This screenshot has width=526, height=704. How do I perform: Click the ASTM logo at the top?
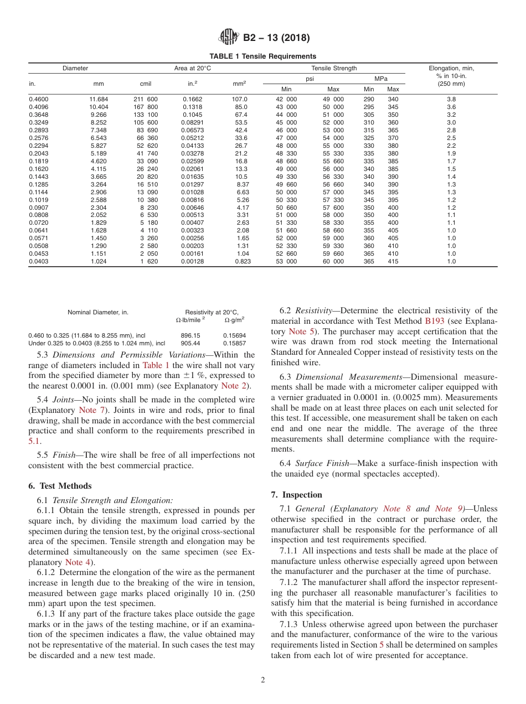point(228,38)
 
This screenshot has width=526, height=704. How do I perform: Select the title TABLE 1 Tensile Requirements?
point(263,56)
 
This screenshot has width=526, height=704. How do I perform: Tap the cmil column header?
point(146,84)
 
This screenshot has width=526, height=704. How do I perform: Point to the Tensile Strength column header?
point(334,68)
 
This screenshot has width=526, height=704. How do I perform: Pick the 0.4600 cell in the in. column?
point(38,99)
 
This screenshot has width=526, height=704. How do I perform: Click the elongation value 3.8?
point(451,99)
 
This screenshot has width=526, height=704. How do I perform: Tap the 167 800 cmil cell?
point(146,107)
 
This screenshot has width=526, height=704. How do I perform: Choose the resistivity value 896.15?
point(190,335)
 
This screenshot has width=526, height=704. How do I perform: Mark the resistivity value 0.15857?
point(234,343)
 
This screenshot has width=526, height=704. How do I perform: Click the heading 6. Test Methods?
point(60,486)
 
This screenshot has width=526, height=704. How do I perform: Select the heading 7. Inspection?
point(296,495)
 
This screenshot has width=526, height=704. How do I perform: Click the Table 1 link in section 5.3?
point(152,365)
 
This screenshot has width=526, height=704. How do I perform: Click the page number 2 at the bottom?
point(263,680)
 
